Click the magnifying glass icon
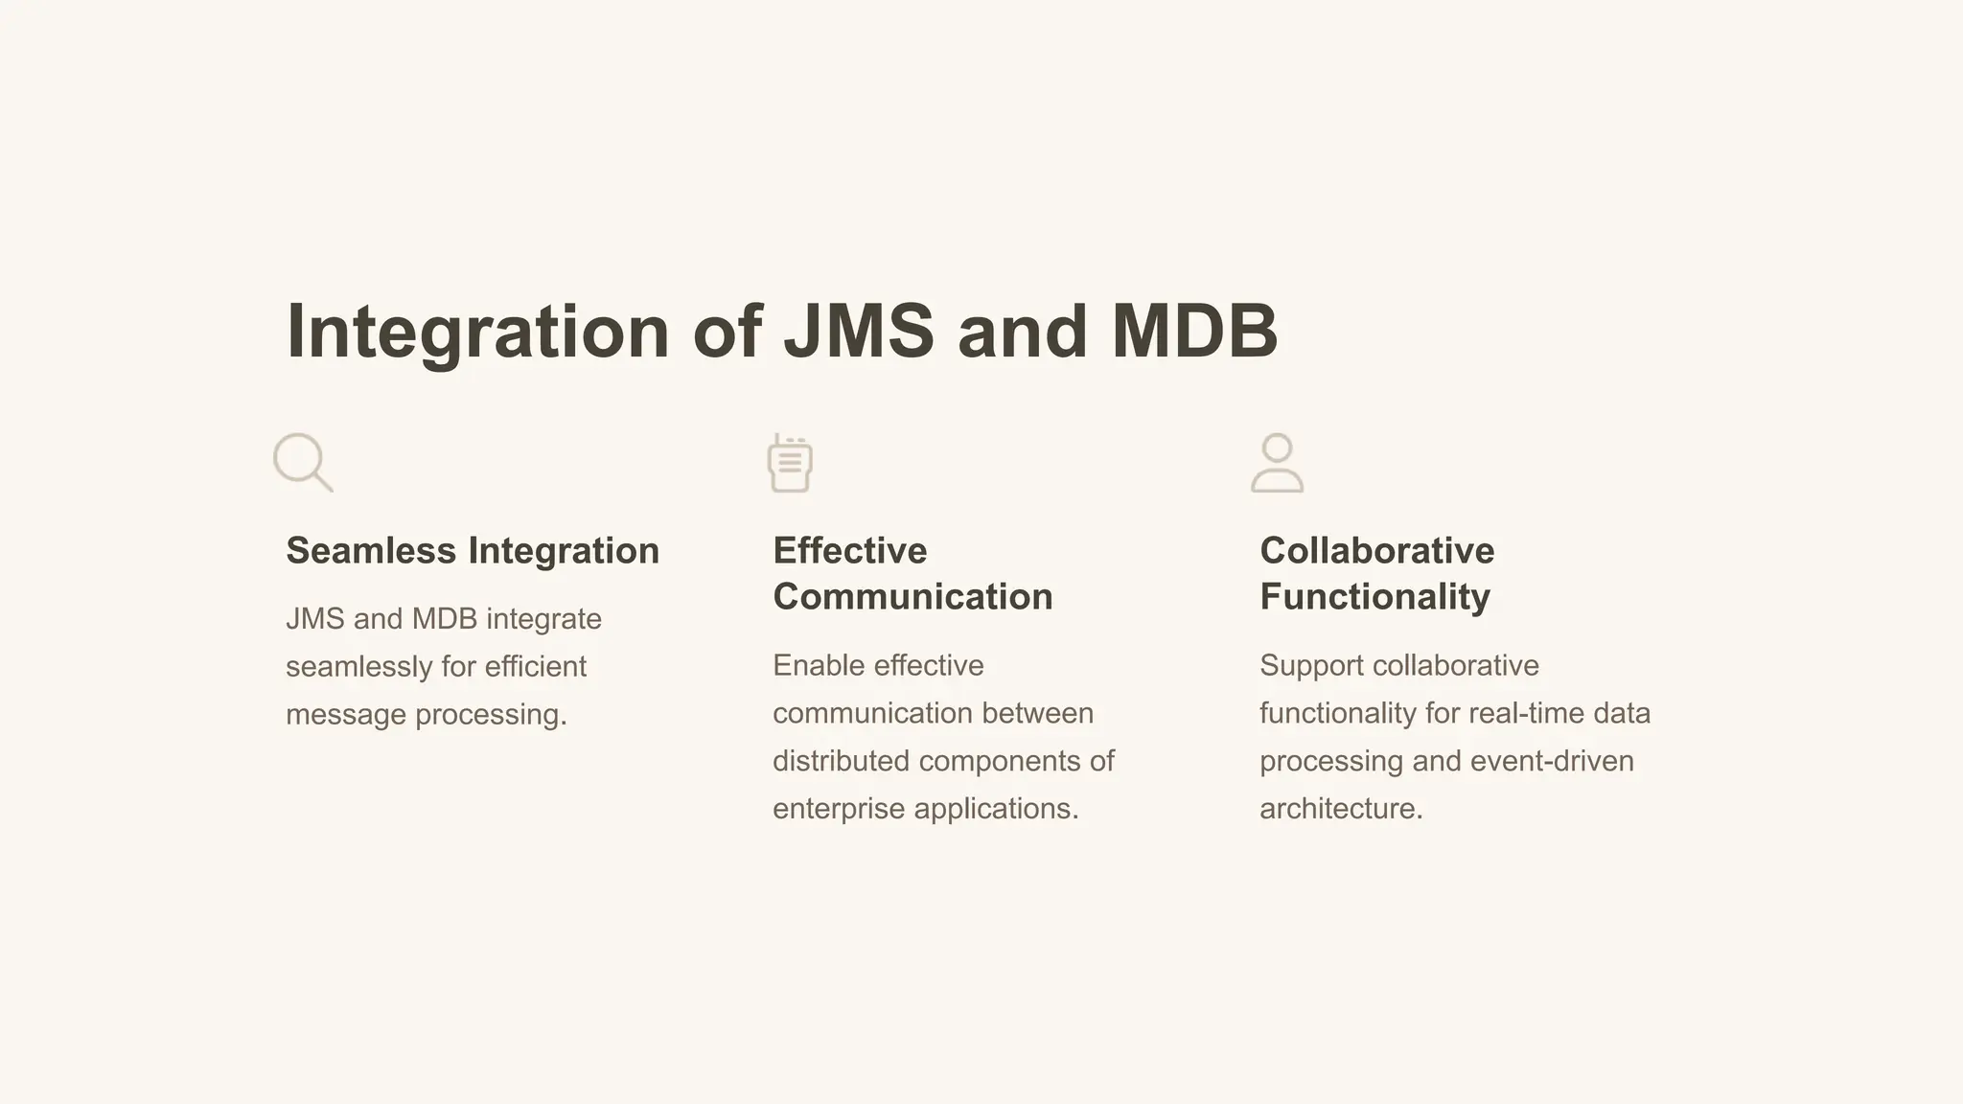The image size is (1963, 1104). [x=303, y=463]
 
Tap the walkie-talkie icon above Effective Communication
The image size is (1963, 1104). [x=790, y=463]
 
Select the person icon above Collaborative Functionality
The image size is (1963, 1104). [x=1277, y=463]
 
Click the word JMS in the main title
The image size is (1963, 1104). [x=858, y=332]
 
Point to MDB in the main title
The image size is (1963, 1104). [x=1194, y=332]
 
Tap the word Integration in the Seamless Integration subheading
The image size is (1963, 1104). [x=564, y=551]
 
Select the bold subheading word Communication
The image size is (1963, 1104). [x=912, y=597]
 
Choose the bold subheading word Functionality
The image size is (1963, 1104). [x=1374, y=597]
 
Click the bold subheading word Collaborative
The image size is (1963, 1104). [x=1376, y=551]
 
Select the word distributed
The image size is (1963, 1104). [x=841, y=761]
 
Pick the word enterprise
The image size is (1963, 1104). [x=839, y=809]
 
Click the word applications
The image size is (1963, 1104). [x=996, y=809]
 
